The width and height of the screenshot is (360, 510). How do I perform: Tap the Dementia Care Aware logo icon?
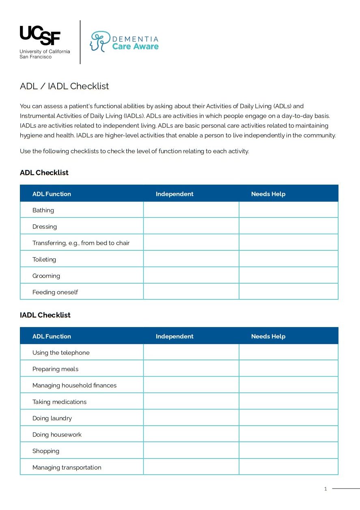coord(99,41)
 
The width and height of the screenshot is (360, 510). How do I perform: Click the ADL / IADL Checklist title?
coord(65,86)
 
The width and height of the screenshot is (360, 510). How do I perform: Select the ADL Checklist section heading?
coord(44,172)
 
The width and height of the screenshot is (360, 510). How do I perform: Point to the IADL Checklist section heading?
coord(45,315)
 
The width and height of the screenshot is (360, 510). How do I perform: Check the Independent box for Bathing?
coord(191,210)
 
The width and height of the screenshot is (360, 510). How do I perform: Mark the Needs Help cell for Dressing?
coord(289,226)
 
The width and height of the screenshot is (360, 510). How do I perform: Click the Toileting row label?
coord(44,259)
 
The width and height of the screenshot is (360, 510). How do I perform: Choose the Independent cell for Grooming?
coord(191,275)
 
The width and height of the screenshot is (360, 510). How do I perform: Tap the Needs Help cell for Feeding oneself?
coord(289,291)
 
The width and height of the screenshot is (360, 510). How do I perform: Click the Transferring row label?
coord(81,243)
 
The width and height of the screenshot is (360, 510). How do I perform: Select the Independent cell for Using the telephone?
coord(191,352)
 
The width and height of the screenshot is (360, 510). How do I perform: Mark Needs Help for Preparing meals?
coord(289,368)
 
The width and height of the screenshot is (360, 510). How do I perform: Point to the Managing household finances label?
coord(74,385)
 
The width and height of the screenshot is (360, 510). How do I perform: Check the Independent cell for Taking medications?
coord(191,401)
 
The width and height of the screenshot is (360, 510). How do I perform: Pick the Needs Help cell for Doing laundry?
coord(289,417)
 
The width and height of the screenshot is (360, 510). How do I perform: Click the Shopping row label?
coord(46,451)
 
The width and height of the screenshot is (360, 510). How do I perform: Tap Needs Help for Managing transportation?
coord(289,467)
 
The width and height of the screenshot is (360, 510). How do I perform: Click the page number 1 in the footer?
coord(325,489)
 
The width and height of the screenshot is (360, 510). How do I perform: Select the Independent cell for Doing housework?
coord(191,434)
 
